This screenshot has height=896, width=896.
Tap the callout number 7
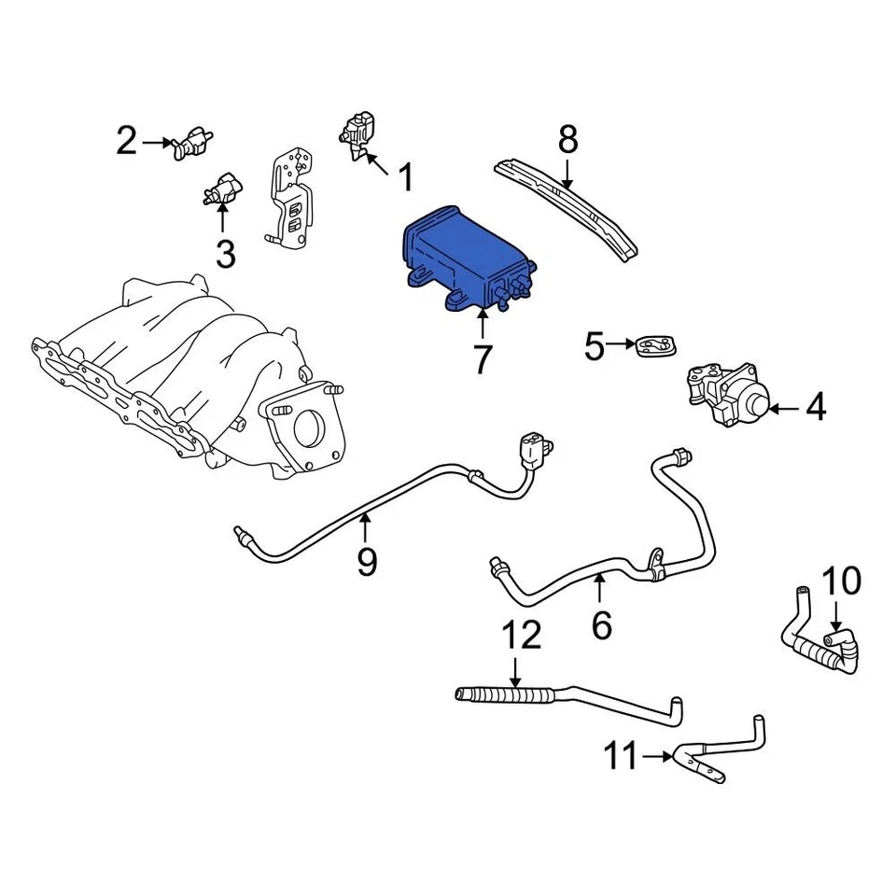click(x=481, y=358)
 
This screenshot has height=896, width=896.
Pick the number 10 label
click(x=842, y=581)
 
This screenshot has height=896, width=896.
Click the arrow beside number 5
click(x=620, y=346)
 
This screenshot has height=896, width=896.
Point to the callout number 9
click(x=367, y=561)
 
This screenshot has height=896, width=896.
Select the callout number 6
click(x=602, y=624)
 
